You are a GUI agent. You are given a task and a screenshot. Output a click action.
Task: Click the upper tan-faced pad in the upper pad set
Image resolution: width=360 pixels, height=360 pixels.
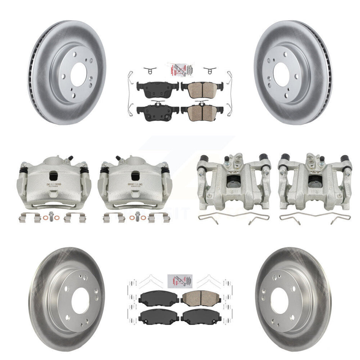199,90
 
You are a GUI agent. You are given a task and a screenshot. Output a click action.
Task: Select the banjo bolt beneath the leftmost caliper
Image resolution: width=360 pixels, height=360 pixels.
53,218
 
